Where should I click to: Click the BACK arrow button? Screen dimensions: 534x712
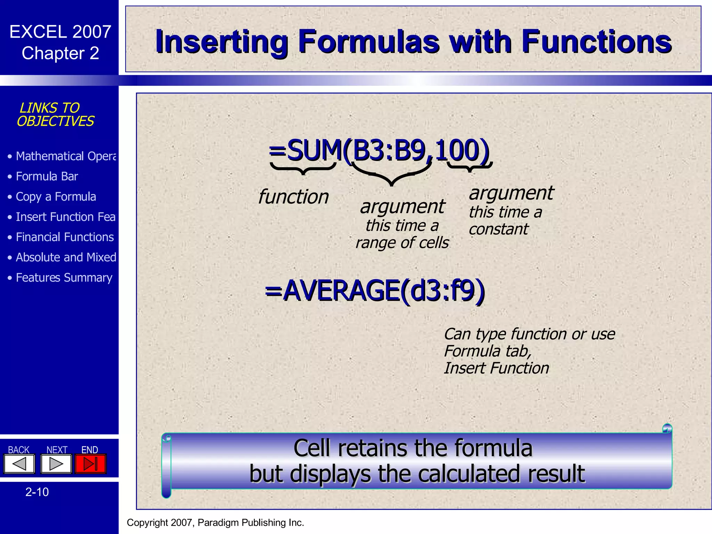(x=19, y=464)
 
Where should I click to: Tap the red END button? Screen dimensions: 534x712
(x=90, y=464)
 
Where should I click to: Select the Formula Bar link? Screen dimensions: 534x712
(x=47, y=177)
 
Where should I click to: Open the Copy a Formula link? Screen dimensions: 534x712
(x=56, y=197)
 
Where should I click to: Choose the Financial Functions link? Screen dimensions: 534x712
(x=65, y=237)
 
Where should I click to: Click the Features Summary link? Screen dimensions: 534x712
(x=64, y=278)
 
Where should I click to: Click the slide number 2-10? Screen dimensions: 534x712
(x=37, y=492)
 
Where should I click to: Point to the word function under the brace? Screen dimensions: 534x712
(x=293, y=197)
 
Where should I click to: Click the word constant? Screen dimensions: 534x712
(x=498, y=229)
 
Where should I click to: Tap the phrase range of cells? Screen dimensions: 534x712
(x=402, y=243)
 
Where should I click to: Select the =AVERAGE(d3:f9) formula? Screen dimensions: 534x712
(x=374, y=291)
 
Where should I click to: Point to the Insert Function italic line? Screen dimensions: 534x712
(x=496, y=368)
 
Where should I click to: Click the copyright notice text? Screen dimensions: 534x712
(x=215, y=523)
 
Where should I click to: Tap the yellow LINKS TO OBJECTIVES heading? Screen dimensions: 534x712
(x=55, y=114)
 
